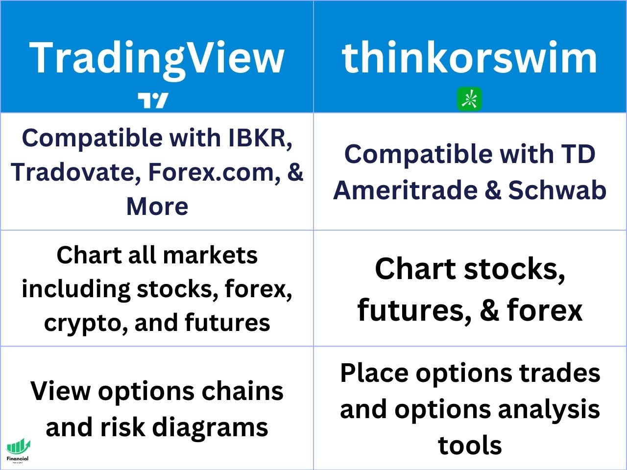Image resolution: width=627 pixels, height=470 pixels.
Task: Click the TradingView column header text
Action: click(x=157, y=58)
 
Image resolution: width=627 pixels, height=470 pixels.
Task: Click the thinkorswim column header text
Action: click(x=469, y=58)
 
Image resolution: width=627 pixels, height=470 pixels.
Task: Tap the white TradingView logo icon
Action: click(x=153, y=100)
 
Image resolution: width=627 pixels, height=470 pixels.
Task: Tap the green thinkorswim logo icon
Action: click(x=470, y=99)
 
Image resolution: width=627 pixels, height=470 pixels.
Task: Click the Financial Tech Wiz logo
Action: click(x=18, y=451)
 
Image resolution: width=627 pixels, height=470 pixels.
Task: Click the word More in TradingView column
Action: click(x=157, y=206)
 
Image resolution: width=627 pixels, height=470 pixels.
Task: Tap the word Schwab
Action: click(x=557, y=190)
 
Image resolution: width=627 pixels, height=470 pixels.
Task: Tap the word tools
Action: click(x=470, y=446)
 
